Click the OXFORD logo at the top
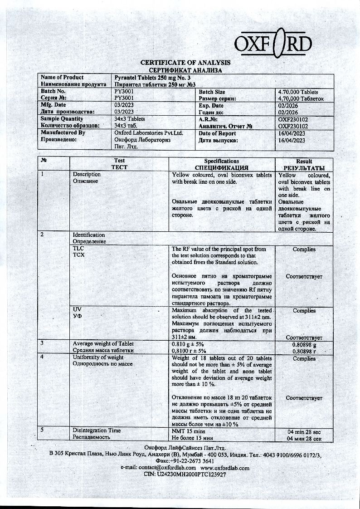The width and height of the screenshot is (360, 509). (273, 43)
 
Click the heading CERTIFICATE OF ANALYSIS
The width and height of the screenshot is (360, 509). (185, 63)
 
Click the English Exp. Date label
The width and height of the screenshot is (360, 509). (211, 105)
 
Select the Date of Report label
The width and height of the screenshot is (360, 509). (217, 133)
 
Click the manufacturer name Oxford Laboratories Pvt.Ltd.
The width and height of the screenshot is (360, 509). (148, 133)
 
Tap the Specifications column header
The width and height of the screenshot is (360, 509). (221, 161)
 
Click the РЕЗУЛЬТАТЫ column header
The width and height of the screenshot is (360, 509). (304, 168)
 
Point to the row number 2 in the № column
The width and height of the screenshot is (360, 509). (42, 235)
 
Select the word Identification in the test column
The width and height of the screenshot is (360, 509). (89, 235)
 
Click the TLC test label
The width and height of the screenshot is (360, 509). (78, 249)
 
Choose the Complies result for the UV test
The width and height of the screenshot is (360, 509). (304, 311)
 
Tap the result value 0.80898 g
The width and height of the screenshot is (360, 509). (304, 344)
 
